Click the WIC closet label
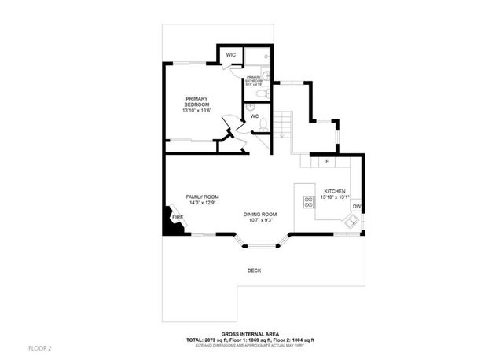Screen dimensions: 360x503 pyautogui.click(x=230, y=54)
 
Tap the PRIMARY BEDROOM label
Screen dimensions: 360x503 pyautogui.click(x=196, y=101)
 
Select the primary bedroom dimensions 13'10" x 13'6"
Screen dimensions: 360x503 pyautogui.click(x=196, y=111)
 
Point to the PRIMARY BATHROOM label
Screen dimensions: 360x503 pyautogui.click(x=254, y=79)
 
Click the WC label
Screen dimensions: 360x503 pyautogui.click(x=255, y=117)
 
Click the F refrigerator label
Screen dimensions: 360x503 pyautogui.click(x=327, y=161)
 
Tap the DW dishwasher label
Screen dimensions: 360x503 pyautogui.click(x=356, y=207)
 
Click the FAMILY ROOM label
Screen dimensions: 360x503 pyautogui.click(x=202, y=197)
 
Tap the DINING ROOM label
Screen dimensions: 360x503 pyautogui.click(x=259, y=214)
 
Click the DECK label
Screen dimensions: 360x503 pyautogui.click(x=254, y=270)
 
